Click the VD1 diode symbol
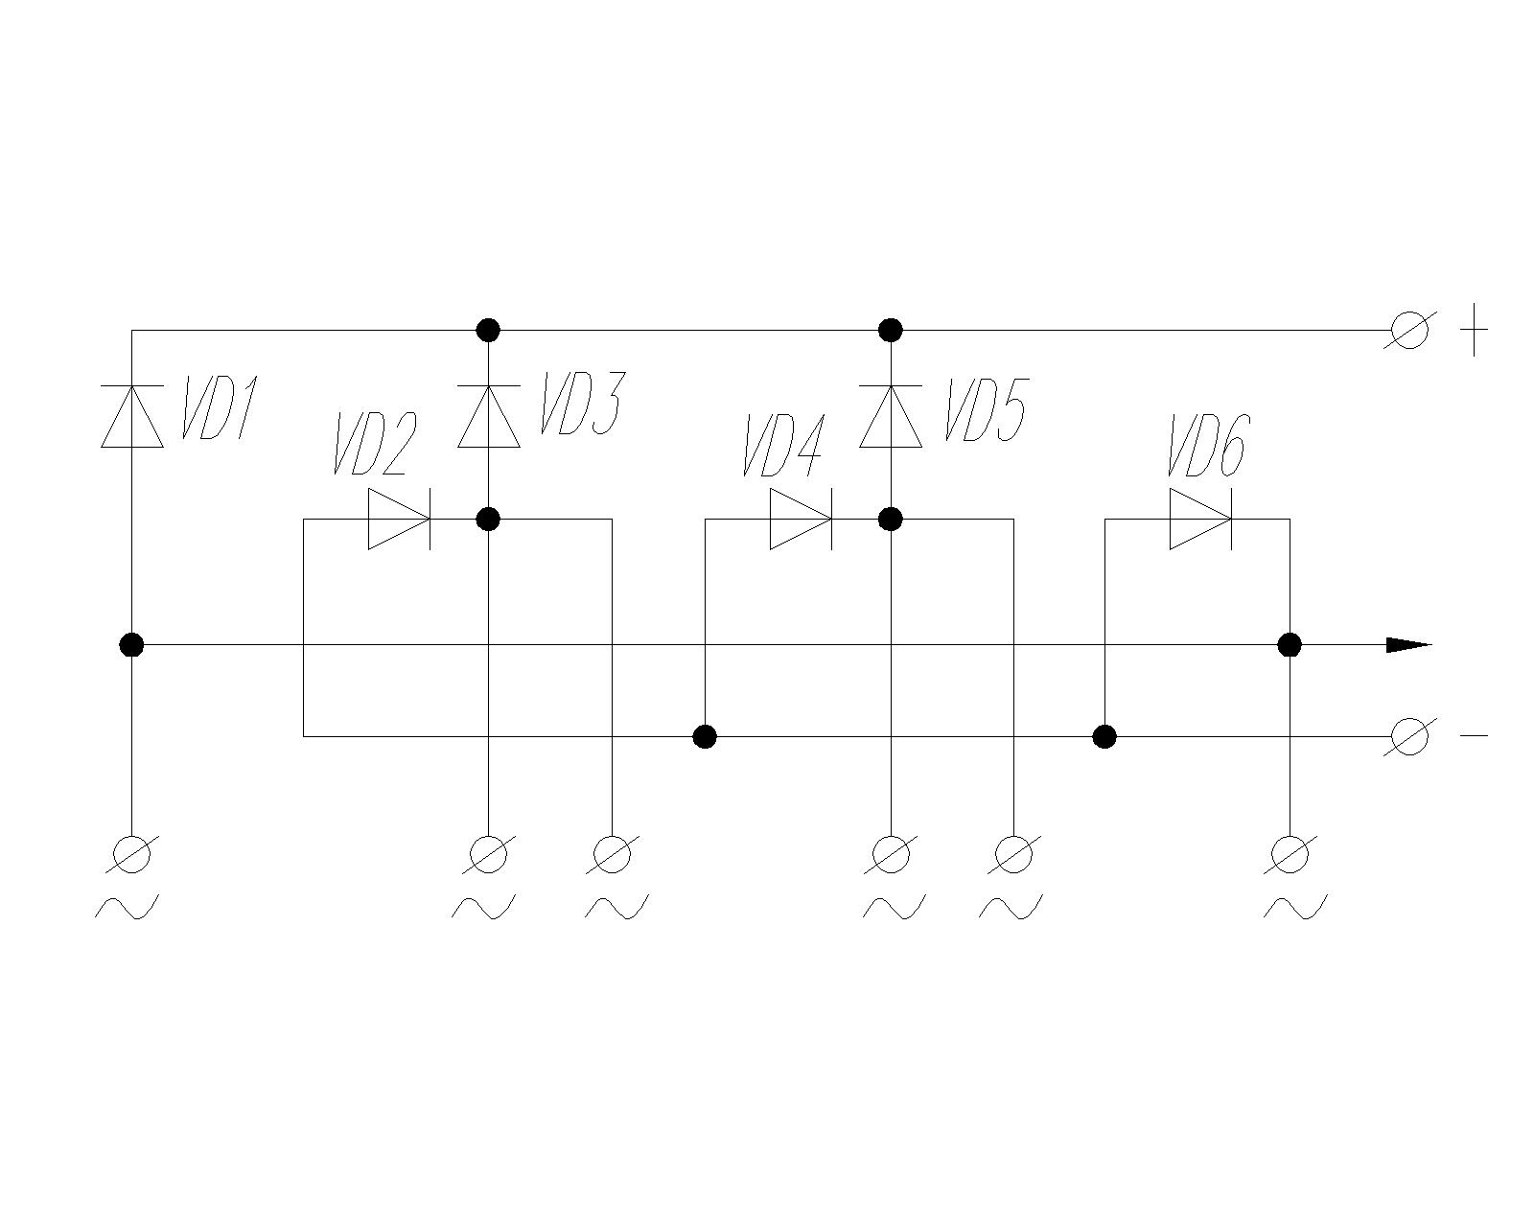[x=132, y=416]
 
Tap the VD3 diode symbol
[x=488, y=416]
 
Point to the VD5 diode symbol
[x=891, y=416]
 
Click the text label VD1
[x=219, y=407]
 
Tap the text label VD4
[x=783, y=445]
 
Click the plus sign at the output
[x=1475, y=330]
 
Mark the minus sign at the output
[x=1475, y=736]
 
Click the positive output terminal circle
[x=1410, y=330]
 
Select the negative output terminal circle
[x=1410, y=736]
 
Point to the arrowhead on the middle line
[x=1408, y=645]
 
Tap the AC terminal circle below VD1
[x=132, y=854]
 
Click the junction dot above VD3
[x=488, y=330]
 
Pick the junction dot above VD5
[x=891, y=330]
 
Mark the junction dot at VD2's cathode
[x=488, y=519]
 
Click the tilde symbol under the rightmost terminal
[x=1295, y=908]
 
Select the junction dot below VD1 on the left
[x=132, y=645]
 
